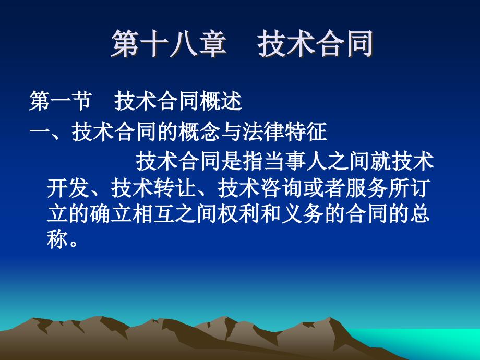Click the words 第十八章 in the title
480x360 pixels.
click(x=169, y=44)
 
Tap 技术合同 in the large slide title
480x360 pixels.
click(x=315, y=44)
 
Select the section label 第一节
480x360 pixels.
click(x=61, y=101)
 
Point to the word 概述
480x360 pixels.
click(x=221, y=101)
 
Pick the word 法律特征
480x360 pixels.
click(x=285, y=132)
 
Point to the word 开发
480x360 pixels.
click(x=68, y=188)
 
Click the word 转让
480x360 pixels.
click(x=175, y=188)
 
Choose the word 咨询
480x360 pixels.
click(x=282, y=188)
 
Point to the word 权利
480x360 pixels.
click(x=239, y=214)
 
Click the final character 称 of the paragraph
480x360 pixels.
click(x=57, y=238)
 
